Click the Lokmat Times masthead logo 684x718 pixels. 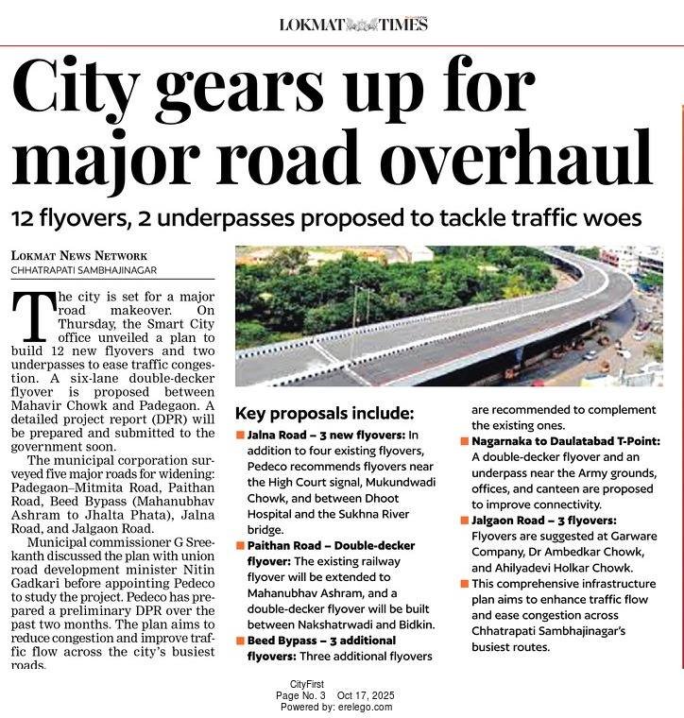coord(353,24)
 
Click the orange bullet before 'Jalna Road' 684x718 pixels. coord(240,435)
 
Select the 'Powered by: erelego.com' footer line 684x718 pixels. coord(342,707)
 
